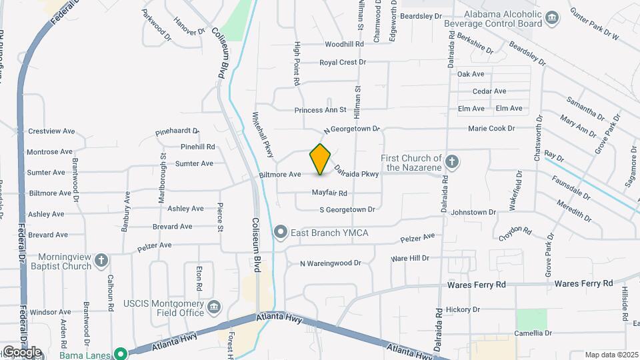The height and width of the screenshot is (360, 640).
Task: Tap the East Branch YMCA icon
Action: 281,232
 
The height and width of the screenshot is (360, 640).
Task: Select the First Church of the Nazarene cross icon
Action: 452,161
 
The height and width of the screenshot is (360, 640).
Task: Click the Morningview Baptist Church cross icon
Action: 101,259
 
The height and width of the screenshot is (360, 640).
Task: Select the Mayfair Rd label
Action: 329,193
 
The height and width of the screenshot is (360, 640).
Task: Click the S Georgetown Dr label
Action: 347,209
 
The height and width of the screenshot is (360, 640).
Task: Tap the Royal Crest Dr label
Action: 343,62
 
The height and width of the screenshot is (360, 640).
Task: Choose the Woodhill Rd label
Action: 344,44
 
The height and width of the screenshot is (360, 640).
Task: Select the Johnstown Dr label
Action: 473,212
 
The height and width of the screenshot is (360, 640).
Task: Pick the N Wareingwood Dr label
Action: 330,263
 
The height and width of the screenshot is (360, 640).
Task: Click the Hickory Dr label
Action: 463,309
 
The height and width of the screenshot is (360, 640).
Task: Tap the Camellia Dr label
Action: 533,333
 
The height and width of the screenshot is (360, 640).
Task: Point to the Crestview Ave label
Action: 49,131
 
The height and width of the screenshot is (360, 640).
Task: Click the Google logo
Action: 21,351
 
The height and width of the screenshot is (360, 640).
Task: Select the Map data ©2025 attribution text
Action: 611,355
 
